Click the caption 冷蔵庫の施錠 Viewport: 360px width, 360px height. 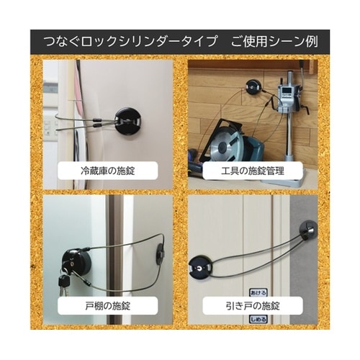[109, 171]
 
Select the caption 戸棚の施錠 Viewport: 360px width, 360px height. [109, 305]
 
